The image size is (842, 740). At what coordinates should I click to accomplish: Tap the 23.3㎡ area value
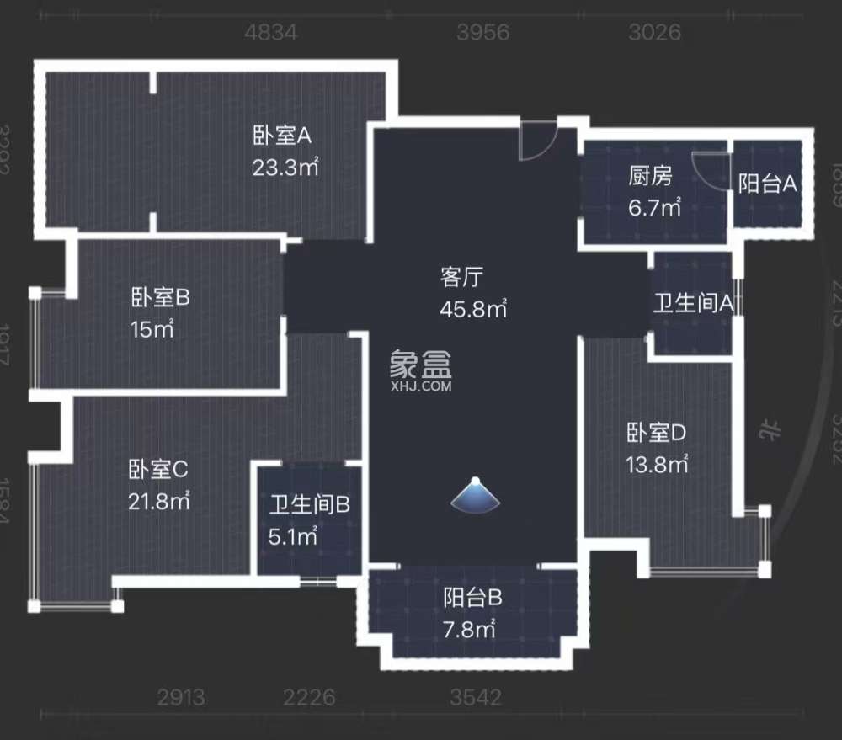click(285, 167)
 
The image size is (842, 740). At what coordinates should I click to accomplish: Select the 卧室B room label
click(160, 297)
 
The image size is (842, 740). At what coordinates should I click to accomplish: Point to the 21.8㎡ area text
click(158, 501)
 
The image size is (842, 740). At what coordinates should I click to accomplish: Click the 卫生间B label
click(309, 505)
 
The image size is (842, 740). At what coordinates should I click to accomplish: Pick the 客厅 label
click(461, 276)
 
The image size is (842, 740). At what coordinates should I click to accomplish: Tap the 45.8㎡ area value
click(473, 309)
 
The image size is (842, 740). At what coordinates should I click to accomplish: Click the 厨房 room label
click(651, 176)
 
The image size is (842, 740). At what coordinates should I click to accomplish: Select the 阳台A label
click(767, 184)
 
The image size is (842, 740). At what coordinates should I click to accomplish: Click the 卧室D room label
click(657, 433)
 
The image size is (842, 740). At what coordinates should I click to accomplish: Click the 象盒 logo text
click(420, 364)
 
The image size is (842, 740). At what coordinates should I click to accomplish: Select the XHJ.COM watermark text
click(421, 387)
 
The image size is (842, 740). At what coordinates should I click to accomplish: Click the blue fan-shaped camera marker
click(475, 497)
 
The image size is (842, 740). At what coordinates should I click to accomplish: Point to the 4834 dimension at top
click(271, 33)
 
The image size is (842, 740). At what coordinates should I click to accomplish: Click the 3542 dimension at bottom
click(475, 698)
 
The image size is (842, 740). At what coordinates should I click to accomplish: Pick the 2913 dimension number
click(181, 698)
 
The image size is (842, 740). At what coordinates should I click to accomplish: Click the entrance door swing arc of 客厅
click(536, 143)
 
